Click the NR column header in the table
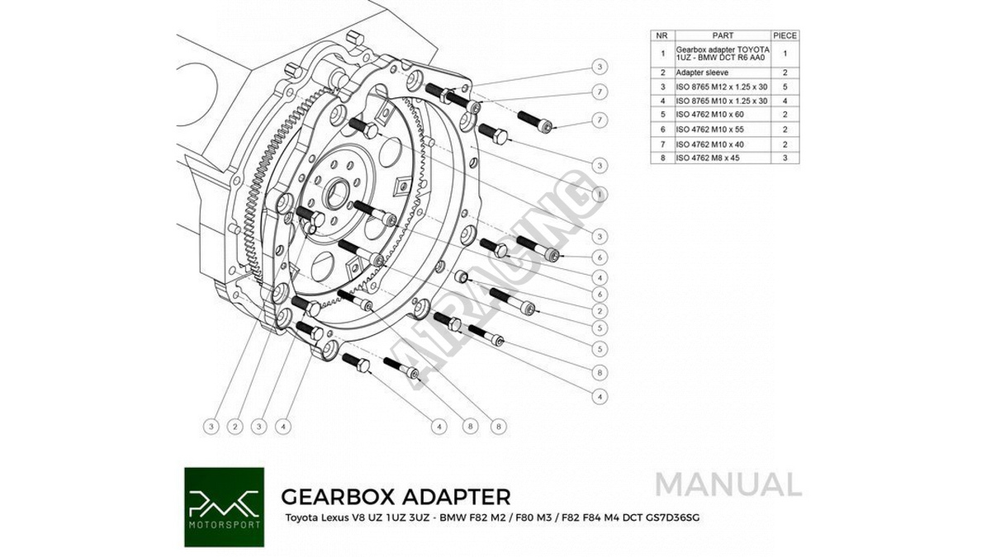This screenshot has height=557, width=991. coord(661,36)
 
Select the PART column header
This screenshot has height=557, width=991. coord(722,36)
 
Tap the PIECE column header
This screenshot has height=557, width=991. coord(785,36)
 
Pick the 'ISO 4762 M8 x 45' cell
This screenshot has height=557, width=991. coord(710,157)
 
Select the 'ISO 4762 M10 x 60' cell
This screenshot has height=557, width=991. coord(710,115)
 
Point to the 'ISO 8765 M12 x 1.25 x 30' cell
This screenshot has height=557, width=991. coord(721,87)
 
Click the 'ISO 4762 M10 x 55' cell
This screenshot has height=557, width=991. coord(710,130)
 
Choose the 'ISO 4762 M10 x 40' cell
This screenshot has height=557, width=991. coord(710,144)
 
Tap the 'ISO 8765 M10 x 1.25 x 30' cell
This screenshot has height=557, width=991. coord(721,101)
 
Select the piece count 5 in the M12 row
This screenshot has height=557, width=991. coord(785,87)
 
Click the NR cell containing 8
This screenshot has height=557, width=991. coord(661,157)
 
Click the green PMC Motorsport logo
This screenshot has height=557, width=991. coord(224,507)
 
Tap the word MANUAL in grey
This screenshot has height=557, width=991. coord(728,484)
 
